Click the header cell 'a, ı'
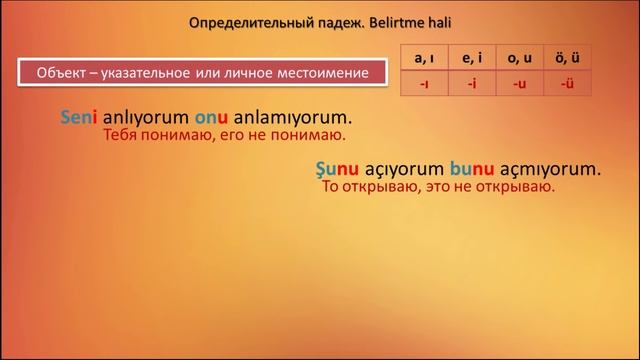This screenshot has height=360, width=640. [x=424, y=58]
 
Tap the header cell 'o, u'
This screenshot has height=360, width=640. [x=520, y=58]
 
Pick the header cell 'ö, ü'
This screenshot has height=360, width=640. [x=568, y=58]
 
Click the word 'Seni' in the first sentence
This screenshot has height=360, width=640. [x=81, y=117]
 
